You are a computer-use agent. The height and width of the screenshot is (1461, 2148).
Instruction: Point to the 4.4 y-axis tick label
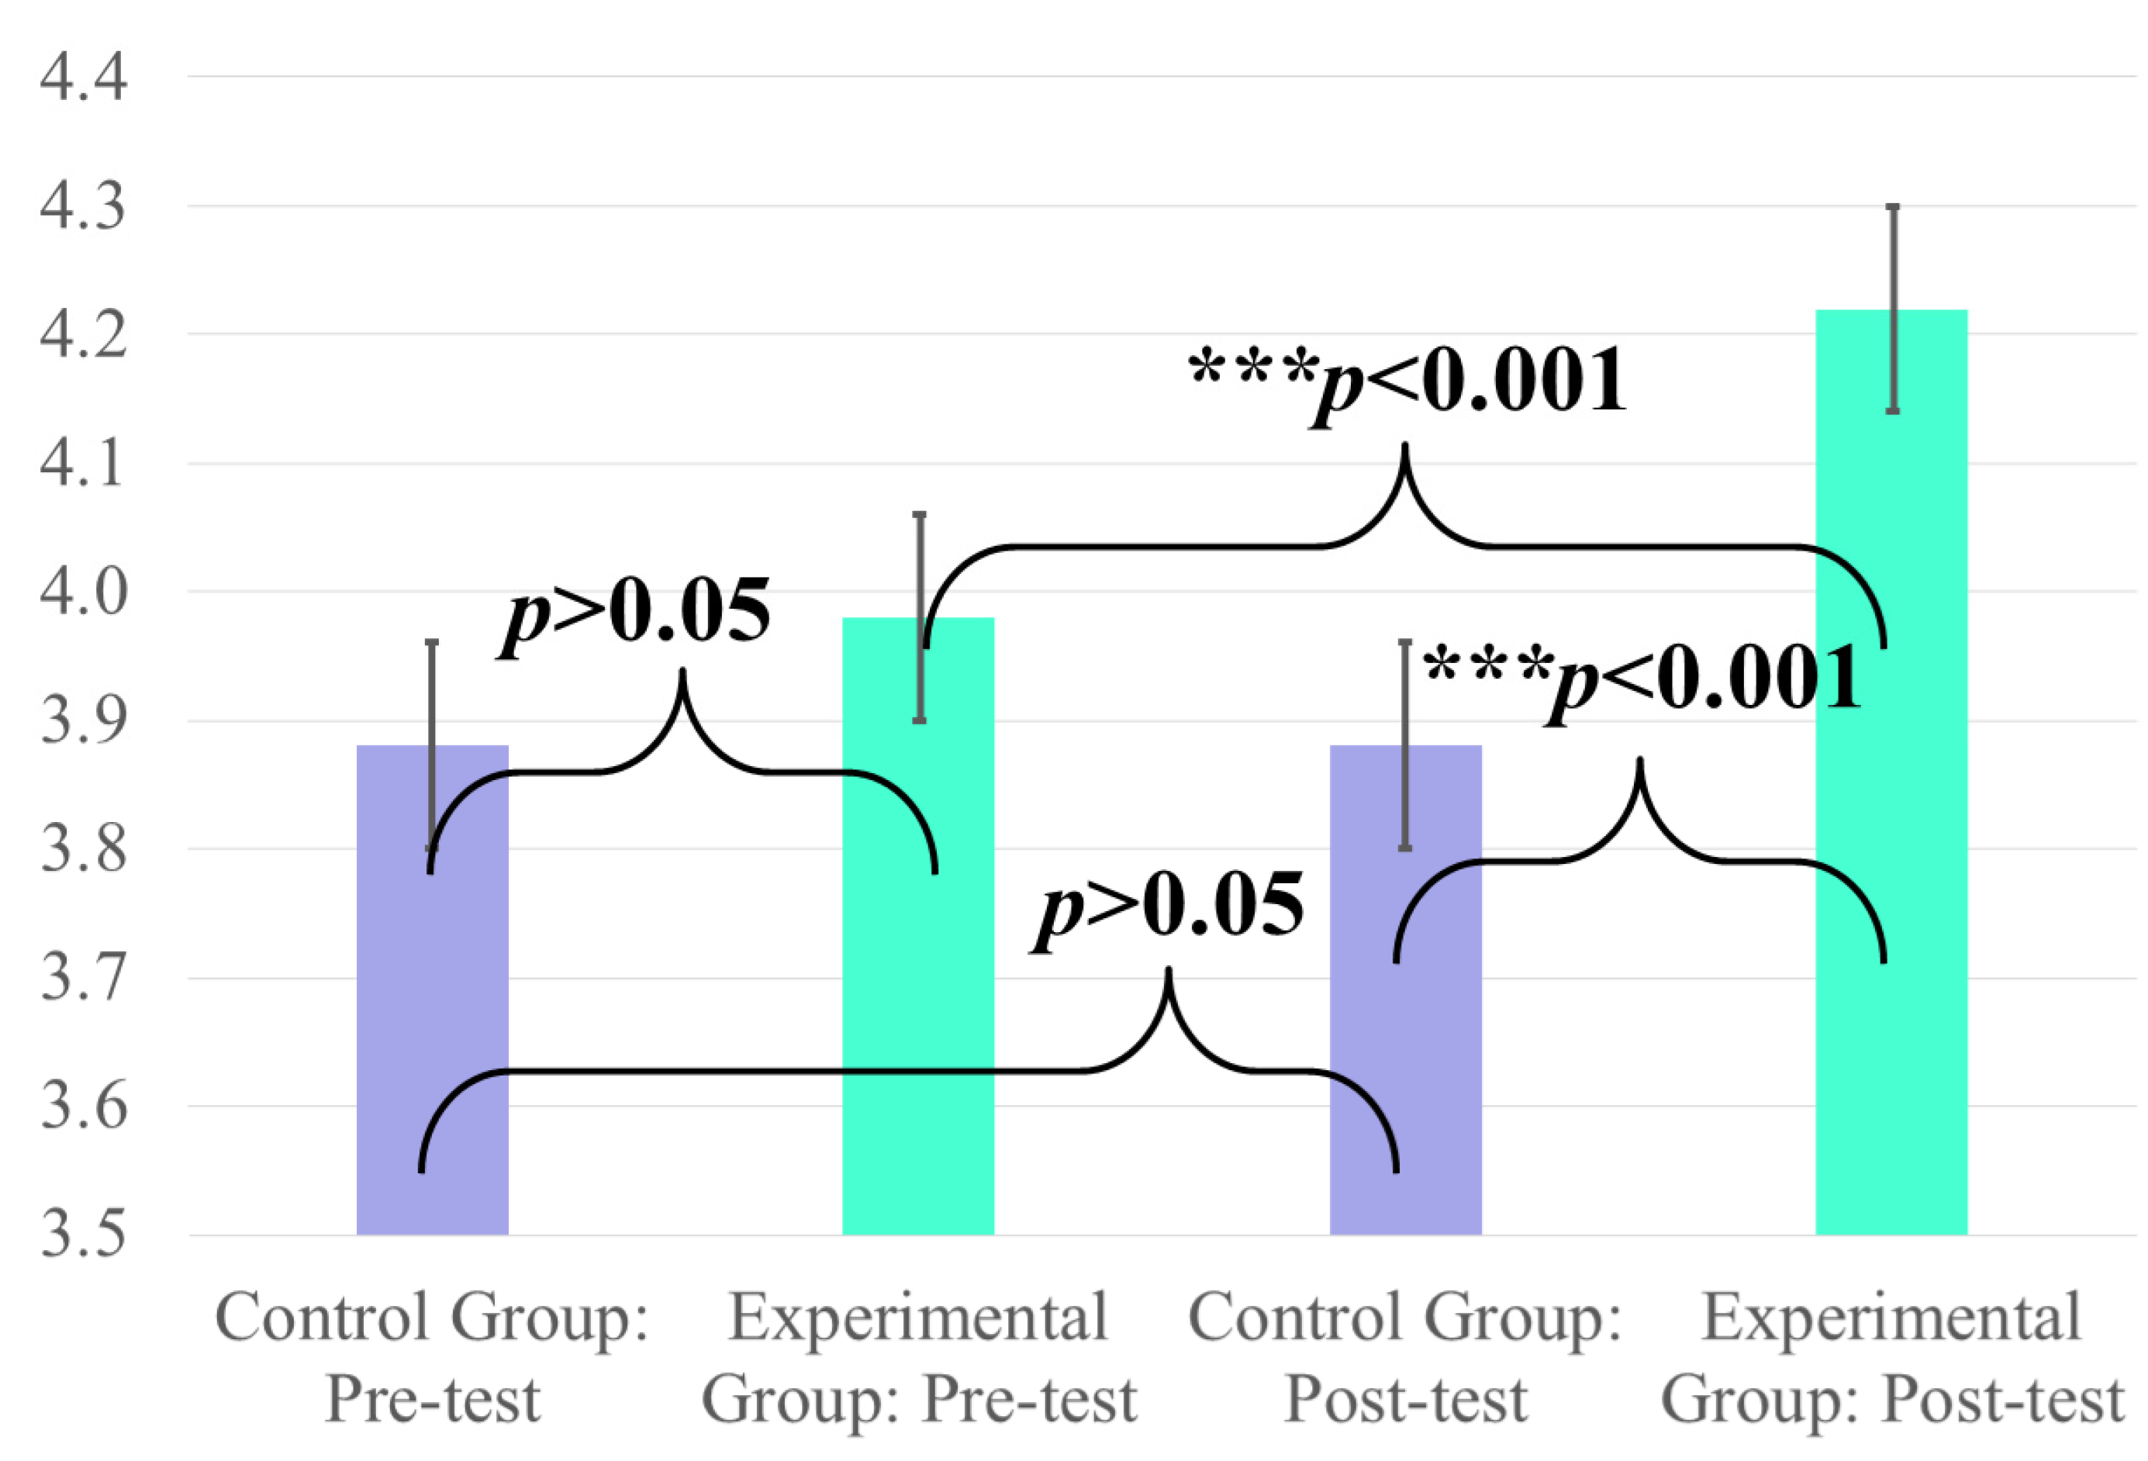coord(83,78)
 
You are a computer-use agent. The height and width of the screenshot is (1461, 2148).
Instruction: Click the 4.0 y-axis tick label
coord(83,592)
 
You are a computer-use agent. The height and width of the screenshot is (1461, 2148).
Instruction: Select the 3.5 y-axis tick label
coord(83,1235)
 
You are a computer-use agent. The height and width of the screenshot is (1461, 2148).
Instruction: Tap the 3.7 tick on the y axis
coord(83,979)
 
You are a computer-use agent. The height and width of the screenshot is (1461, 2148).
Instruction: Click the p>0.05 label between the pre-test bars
coord(635,614)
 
